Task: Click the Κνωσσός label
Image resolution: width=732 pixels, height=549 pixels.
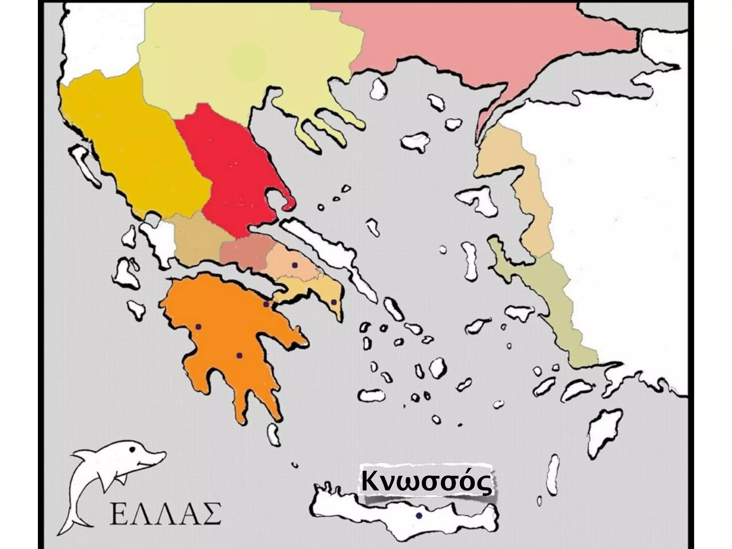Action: (425, 483)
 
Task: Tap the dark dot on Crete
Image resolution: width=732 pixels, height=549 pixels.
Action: (419, 516)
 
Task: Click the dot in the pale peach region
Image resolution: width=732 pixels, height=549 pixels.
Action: (295, 265)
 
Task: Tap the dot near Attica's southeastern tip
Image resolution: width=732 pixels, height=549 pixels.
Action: (334, 302)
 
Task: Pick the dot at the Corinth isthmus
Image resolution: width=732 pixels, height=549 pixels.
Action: (266, 304)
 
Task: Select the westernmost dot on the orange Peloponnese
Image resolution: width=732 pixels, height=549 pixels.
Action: (199, 327)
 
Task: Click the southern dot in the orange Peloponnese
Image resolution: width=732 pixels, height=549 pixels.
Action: (239, 355)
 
